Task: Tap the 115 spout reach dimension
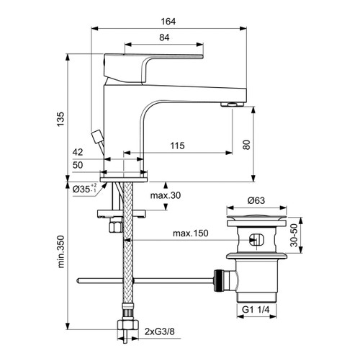178,146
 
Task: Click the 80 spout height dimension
246,143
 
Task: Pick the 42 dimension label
78,153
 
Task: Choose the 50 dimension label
78,166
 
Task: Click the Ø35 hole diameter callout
88,190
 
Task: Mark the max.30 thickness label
165,196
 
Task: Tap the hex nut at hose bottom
127,331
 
